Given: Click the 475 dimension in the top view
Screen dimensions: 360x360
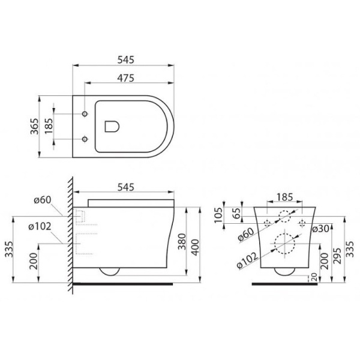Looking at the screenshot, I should (125, 77).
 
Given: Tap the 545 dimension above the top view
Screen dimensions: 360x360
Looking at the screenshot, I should (125, 60).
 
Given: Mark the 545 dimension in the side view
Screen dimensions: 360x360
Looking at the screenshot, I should (125, 187).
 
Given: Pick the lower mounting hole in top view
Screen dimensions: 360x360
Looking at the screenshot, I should (84, 140).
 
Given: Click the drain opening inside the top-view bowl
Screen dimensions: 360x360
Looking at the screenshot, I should (112, 126).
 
